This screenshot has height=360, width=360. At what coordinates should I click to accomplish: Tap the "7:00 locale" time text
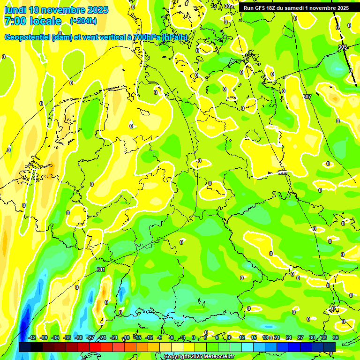point(32,21)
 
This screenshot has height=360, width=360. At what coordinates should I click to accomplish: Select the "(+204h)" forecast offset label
point(83,21)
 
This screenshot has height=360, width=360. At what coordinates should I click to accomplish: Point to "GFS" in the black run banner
point(261,8)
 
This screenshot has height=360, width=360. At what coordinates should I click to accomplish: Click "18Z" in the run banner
point(273,8)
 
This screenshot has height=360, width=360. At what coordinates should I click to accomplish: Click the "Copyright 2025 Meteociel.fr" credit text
point(199,357)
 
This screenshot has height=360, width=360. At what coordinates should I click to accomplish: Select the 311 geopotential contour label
point(101,270)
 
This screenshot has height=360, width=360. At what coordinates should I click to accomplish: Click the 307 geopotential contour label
point(307,97)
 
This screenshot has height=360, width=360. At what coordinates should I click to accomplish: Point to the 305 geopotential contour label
point(343,47)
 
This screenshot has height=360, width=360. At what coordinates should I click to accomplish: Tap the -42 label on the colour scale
point(31,337)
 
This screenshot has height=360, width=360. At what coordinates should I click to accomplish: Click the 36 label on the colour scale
point(336,337)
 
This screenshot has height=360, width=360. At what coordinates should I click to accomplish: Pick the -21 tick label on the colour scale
point(113,337)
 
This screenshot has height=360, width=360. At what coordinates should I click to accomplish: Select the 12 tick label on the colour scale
point(241,337)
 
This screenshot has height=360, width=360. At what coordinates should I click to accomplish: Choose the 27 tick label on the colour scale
point(300,337)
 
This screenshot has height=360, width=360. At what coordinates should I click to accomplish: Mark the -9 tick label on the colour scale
point(159,337)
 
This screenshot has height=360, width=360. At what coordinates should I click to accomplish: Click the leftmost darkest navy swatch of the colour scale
point(25,347)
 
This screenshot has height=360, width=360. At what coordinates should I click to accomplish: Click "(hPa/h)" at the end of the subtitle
point(175,37)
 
